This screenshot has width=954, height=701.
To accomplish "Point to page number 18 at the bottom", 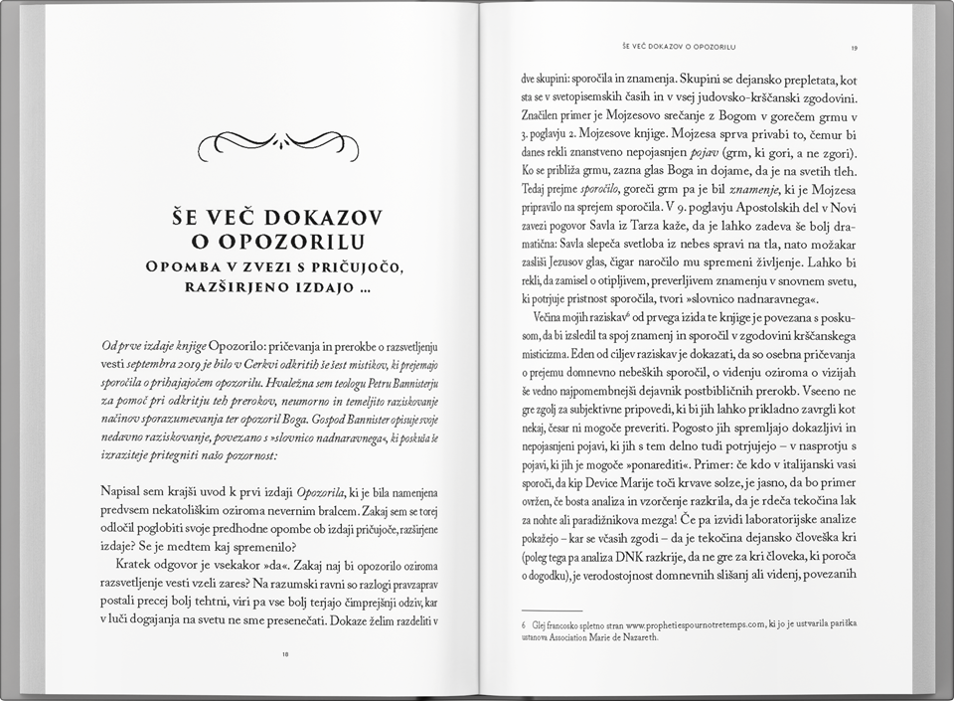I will pos(285,654).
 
